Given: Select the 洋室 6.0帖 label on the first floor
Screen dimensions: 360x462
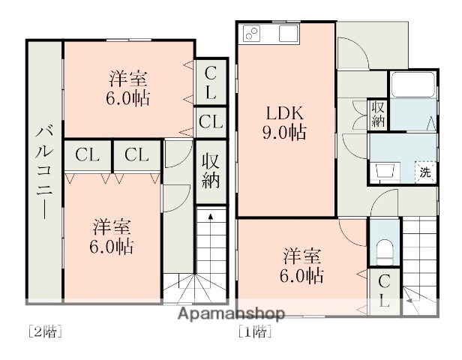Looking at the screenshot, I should (x=304, y=265).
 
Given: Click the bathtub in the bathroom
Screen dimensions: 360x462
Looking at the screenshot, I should (x=411, y=87).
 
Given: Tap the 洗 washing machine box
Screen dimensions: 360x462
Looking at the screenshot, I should (x=424, y=171).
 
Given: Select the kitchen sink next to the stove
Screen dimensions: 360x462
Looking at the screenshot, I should (x=288, y=34).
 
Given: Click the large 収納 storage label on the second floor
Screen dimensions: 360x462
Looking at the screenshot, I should (x=210, y=172).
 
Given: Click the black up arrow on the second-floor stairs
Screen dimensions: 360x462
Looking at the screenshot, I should (x=210, y=217).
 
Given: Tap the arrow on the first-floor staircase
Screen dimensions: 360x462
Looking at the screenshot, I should (x=411, y=300).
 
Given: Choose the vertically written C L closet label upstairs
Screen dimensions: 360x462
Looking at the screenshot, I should (x=211, y=83).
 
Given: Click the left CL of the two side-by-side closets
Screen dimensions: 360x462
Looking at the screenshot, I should (x=88, y=155).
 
